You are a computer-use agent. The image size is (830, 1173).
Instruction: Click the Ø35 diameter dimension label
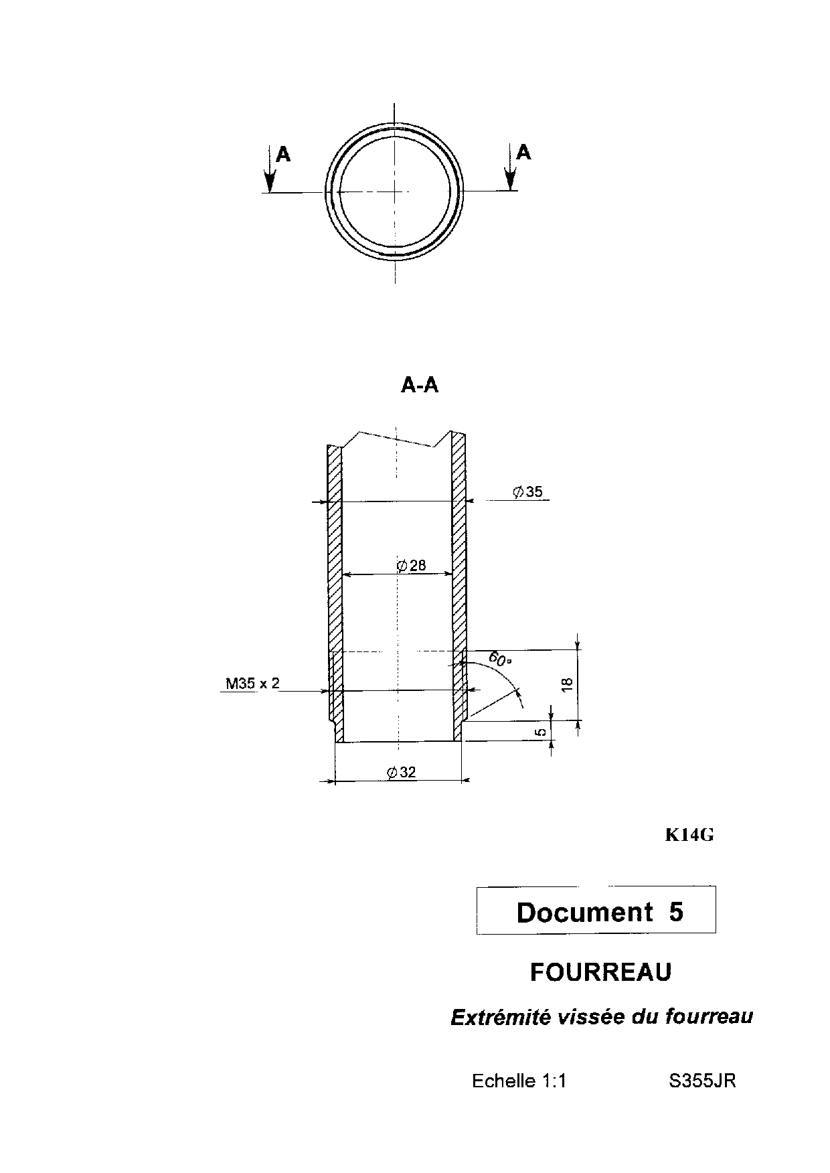527,492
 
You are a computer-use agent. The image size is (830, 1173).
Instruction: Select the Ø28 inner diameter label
411,566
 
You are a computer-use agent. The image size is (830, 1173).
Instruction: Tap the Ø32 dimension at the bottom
401,772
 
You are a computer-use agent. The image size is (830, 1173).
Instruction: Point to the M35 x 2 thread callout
252,684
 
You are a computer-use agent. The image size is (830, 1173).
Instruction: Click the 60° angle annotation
501,658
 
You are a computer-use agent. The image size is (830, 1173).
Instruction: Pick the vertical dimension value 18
567,684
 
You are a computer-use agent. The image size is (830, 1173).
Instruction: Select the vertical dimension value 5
542,732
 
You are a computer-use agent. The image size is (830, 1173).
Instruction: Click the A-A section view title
420,385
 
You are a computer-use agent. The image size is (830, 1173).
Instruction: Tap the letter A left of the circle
284,155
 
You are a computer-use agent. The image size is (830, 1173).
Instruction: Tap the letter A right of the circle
524,153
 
